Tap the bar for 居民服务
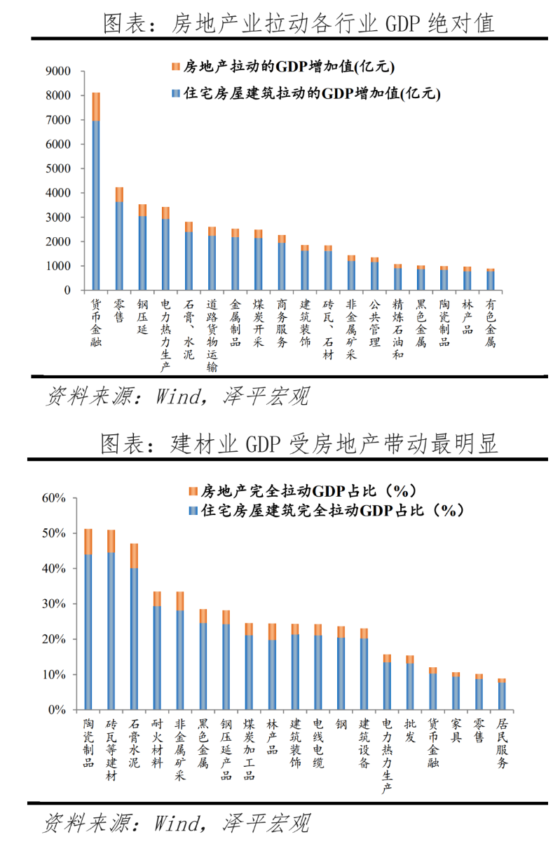pyautogui.click(x=501, y=695)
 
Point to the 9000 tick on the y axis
pyautogui.click(x=57, y=71)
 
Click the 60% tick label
pyautogui.click(x=53, y=498)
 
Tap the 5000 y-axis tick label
pyautogui.click(x=57, y=168)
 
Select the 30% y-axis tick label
pyautogui.click(x=53, y=604)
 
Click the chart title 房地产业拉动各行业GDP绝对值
pyautogui.click(x=298, y=23)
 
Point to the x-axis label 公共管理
pyautogui.click(x=375, y=323)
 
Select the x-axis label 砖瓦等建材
pyautogui.click(x=111, y=750)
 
